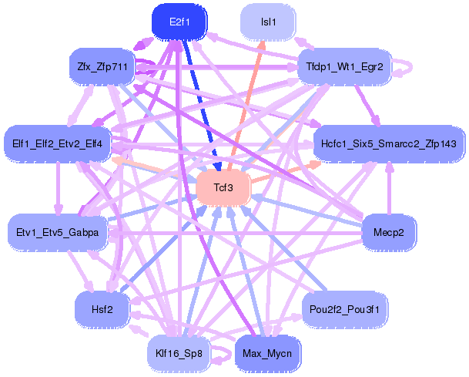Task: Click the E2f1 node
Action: [x=179, y=22]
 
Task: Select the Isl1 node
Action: [x=269, y=22]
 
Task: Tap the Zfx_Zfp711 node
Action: [x=102, y=66]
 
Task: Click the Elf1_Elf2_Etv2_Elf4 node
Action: [x=58, y=143]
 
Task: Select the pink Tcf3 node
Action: [x=224, y=187]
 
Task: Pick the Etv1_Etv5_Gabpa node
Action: [x=58, y=231]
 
